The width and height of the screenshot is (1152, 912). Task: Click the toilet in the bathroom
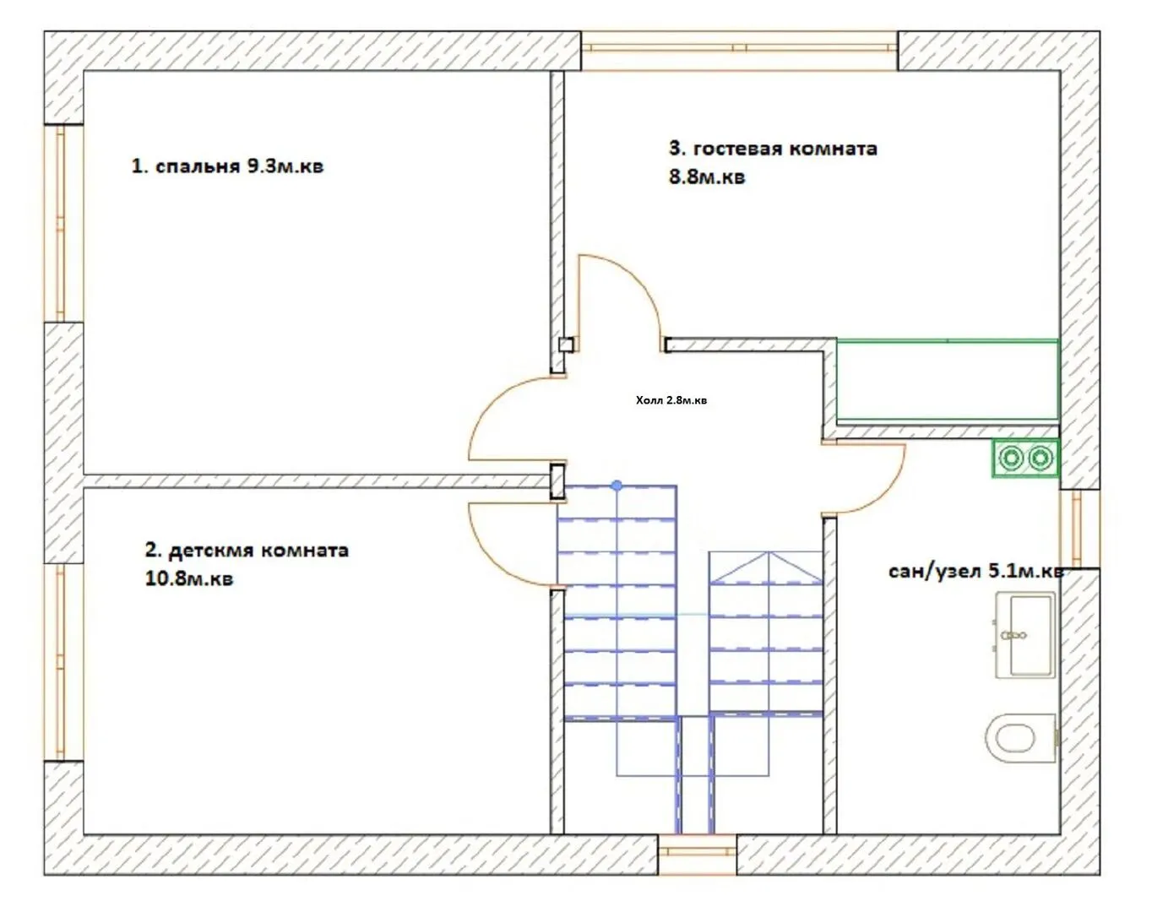[1020, 737]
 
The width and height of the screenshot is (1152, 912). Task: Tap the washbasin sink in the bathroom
[1025, 635]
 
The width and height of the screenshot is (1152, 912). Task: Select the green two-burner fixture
[1025, 459]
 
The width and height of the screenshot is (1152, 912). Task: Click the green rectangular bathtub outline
[947, 379]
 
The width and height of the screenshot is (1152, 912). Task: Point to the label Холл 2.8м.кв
[671, 400]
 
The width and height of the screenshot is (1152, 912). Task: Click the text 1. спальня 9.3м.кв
[227, 166]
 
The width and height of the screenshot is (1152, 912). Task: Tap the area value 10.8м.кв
[189, 578]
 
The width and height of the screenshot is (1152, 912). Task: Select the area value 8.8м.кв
[707, 176]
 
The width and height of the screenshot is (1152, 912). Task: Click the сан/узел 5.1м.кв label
[975, 572]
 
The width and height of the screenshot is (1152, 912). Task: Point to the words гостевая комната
[785, 149]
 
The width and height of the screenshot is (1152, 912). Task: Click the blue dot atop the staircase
[617, 486]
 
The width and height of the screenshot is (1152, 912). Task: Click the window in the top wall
[739, 50]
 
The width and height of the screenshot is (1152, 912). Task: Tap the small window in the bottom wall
[697, 855]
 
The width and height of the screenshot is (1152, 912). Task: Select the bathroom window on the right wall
[1079, 529]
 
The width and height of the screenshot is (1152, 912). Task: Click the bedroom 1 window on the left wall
[63, 223]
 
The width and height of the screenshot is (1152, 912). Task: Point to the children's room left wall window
[63, 662]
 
